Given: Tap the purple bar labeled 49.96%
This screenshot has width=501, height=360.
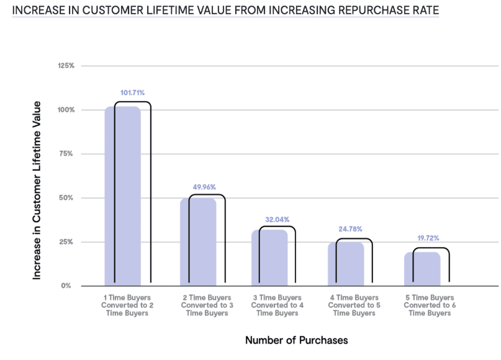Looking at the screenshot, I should [198, 242].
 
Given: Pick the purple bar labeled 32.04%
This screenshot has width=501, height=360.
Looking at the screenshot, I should [269, 258].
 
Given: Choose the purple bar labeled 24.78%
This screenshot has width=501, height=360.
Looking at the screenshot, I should [346, 264].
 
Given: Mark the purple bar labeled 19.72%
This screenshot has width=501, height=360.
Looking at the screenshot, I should [422, 269].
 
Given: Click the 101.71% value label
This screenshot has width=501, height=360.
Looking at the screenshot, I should [132, 93].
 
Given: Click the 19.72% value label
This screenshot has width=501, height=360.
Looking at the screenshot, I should [426, 238].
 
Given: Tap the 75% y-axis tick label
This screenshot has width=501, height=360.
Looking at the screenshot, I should [67, 154].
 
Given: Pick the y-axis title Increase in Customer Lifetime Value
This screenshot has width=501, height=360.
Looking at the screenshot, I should [37, 189].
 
